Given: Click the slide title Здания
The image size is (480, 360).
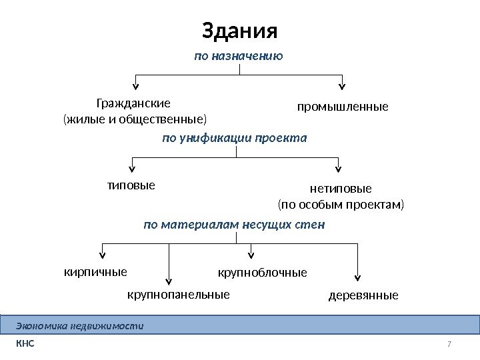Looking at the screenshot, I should [x=239, y=31].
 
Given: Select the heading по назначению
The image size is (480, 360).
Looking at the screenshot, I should [x=239, y=57].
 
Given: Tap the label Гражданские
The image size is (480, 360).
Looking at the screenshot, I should [x=133, y=104].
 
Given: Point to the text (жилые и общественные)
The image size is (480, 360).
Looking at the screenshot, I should [x=135, y=120].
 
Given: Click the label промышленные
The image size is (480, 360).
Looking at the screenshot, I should [x=342, y=107].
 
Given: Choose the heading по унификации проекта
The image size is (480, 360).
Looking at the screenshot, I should [x=235, y=138].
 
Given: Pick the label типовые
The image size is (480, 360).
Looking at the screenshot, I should [x=131, y=185].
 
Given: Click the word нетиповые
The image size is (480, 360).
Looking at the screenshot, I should [x=341, y=189].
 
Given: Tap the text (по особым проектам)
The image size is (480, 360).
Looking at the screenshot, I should [x=341, y=204].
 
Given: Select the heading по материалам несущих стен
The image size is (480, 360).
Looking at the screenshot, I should [x=234, y=225].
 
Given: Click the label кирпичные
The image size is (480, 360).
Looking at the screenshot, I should [x=95, y=271].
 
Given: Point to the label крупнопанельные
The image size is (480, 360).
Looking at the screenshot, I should [x=178, y=294].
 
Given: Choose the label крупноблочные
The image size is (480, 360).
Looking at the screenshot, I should [x=263, y=273].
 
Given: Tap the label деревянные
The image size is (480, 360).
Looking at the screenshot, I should [x=363, y=295].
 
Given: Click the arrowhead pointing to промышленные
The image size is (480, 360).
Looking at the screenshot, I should [x=343, y=85].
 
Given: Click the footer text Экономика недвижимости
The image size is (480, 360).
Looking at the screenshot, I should [x=79, y=326].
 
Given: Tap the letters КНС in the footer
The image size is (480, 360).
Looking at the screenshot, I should [x=25, y=344].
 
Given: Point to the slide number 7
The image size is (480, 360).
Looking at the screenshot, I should [x=449, y=344].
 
